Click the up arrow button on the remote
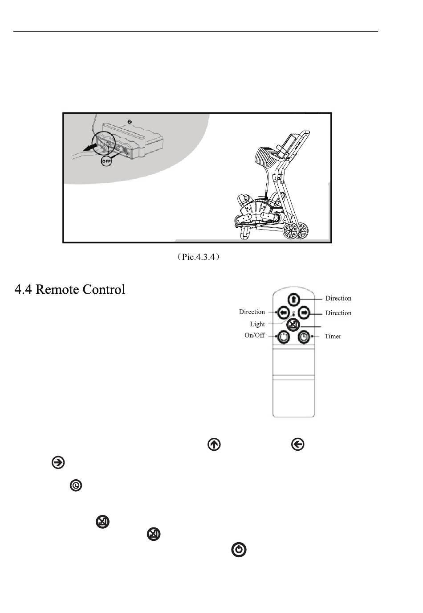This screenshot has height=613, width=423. coord(293,299)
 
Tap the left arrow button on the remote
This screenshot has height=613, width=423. coord(282,313)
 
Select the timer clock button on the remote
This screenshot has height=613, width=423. coord(304,337)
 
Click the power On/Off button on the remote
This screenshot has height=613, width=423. coord(283,337)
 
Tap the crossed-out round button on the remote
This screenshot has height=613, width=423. coord(292,325)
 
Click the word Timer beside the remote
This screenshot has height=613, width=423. coord(333,337)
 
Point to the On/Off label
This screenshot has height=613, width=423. coord(254,335)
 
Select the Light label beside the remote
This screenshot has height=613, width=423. coord(257,324)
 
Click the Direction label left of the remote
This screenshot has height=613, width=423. coord(252,312)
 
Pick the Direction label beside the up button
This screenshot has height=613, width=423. coord(338,298)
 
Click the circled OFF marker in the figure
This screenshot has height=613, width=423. coord(106,161)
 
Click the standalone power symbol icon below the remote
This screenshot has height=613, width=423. coord(239,550)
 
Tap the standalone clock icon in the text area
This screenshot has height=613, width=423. coord(76,485)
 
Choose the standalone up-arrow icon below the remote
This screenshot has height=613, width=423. coord(214,444)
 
